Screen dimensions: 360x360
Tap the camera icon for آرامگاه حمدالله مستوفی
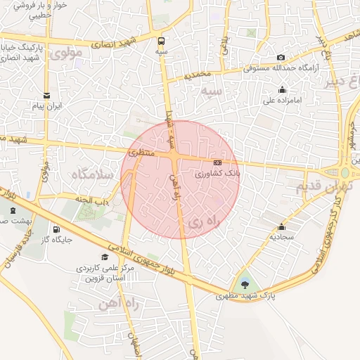coord(281,57)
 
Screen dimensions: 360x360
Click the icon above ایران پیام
coord(47,95)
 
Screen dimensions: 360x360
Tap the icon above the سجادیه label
coord(282,227)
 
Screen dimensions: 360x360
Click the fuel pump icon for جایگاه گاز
coord(56,229)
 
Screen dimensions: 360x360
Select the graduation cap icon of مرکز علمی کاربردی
coord(105,257)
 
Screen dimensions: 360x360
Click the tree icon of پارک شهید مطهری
coord(244,284)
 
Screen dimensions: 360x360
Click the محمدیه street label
coord(197,75)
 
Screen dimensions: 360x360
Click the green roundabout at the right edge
coord(345,172)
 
